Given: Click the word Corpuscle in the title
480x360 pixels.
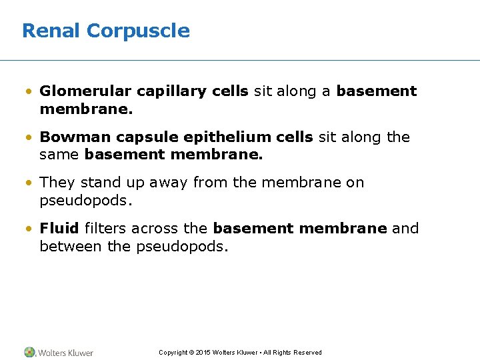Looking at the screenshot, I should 138,31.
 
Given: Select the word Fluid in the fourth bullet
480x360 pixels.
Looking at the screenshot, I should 59,229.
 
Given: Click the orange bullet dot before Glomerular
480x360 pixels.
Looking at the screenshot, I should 31,92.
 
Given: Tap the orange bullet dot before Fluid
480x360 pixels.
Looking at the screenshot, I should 31,229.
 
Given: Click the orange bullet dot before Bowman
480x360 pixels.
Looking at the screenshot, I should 31,138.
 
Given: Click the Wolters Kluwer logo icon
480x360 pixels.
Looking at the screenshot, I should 29,352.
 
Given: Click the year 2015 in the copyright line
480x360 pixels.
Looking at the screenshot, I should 202,353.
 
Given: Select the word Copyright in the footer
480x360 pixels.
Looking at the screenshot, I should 173,353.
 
